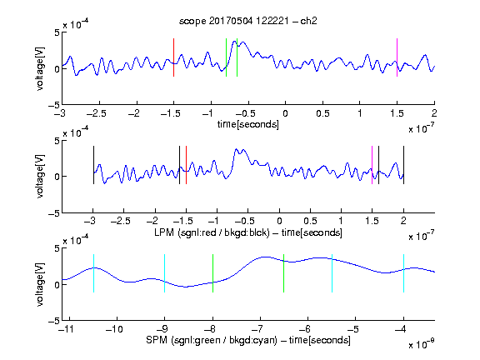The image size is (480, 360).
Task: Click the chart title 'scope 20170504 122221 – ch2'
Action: [x=247, y=21]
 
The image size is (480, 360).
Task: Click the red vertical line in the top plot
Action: [x=173, y=57]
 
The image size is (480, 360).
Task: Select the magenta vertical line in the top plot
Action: [x=397, y=57]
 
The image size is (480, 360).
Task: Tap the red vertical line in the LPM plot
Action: [x=186, y=165]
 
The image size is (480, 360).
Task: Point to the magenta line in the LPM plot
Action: [x=372, y=165]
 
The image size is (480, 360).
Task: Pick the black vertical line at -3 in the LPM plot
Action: [x=93, y=165]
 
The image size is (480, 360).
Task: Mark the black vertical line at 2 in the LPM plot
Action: [x=403, y=165]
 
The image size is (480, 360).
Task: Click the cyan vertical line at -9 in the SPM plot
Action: [x=164, y=273]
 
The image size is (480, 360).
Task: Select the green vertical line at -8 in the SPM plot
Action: [x=212, y=273]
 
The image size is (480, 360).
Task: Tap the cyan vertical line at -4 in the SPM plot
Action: [x=403, y=273]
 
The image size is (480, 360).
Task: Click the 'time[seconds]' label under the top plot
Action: [x=248, y=124]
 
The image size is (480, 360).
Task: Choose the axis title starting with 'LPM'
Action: [x=248, y=232]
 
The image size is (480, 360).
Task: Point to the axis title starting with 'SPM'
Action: [x=248, y=340]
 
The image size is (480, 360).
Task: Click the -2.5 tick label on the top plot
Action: [x=97, y=113]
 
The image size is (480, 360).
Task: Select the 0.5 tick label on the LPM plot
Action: [x=310, y=221]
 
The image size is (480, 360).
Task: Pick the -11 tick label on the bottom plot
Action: [x=66, y=329]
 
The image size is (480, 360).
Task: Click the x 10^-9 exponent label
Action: [x=421, y=344]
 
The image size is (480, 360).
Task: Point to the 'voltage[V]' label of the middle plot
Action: [x=40, y=177]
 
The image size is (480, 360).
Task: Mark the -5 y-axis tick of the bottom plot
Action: [x=54, y=321]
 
